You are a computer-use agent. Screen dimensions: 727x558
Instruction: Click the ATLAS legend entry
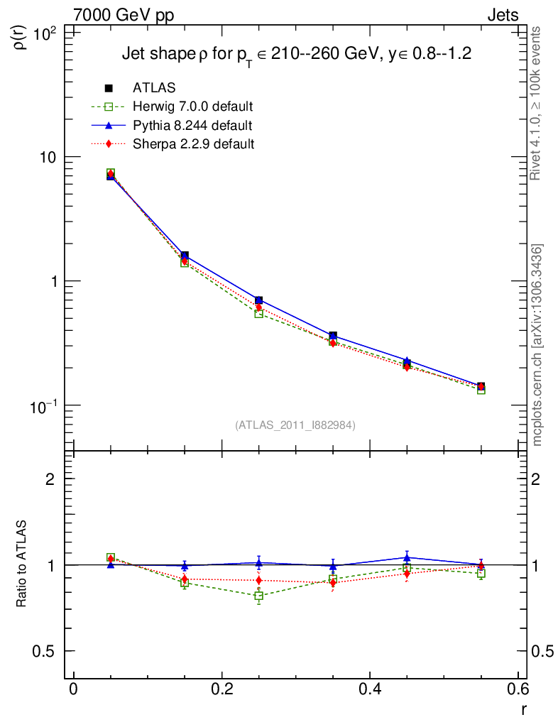(154, 88)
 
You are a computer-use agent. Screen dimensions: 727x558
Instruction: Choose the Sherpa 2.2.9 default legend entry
(193, 144)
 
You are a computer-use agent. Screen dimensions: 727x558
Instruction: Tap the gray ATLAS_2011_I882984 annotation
(295, 425)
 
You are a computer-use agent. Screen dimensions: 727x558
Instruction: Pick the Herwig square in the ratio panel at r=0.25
(259, 596)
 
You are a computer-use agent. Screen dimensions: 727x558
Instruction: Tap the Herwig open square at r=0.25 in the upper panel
(259, 313)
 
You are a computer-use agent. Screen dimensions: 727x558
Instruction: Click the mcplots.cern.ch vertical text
(537, 346)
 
